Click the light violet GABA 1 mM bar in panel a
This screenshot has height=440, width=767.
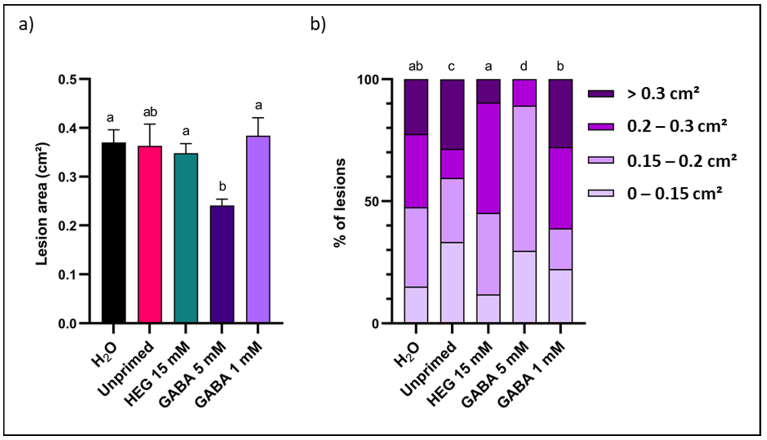(x=258, y=230)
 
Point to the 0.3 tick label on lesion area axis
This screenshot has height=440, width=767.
(x=68, y=177)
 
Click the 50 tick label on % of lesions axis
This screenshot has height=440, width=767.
(x=371, y=202)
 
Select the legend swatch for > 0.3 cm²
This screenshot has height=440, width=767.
(x=600, y=94)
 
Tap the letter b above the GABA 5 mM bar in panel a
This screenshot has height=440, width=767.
(x=222, y=187)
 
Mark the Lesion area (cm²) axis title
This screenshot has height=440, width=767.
(x=42, y=204)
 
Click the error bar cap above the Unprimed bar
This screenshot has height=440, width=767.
(x=150, y=124)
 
